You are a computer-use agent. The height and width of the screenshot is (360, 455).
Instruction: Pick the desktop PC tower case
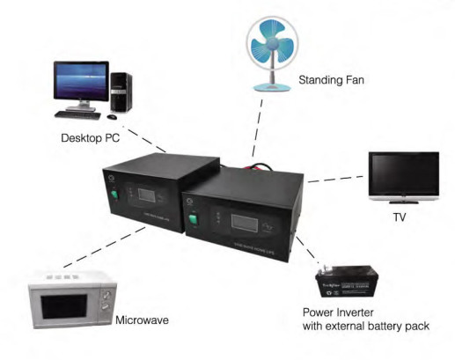(121, 92)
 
